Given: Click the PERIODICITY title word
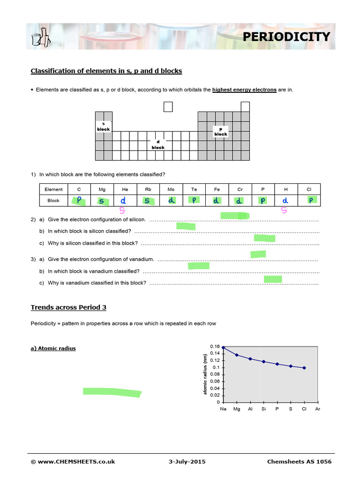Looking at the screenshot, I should (x=286, y=37).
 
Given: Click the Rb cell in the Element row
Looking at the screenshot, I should (x=148, y=189).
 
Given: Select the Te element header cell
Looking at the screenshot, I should (x=194, y=189).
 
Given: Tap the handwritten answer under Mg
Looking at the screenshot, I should (x=102, y=201).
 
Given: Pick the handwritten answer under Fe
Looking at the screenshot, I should (x=217, y=201).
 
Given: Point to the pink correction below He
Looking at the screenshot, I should (x=122, y=210).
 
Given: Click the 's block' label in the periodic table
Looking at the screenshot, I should (x=103, y=126).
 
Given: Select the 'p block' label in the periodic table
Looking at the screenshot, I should (x=220, y=131).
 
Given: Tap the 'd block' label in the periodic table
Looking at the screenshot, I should (x=158, y=144).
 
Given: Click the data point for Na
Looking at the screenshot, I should (x=224, y=347).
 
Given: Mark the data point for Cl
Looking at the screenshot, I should (x=304, y=368).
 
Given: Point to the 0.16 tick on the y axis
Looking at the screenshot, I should (x=215, y=346).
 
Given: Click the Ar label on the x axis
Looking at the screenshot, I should (x=318, y=409).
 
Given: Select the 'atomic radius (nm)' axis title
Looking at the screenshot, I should (x=205, y=374).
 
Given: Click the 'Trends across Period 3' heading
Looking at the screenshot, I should (x=68, y=307).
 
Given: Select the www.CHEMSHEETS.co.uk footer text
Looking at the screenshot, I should (x=73, y=462).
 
